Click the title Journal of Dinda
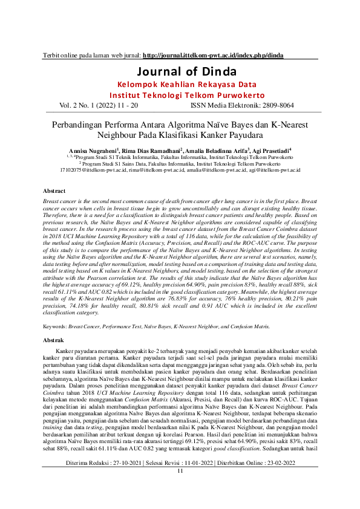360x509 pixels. (180, 71)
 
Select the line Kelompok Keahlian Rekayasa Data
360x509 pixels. (180, 85)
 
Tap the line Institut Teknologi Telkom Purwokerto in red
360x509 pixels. (180, 96)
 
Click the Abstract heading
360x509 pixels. (54, 190)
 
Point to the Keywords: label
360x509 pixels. (55, 325)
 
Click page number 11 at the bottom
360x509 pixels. (180, 488)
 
